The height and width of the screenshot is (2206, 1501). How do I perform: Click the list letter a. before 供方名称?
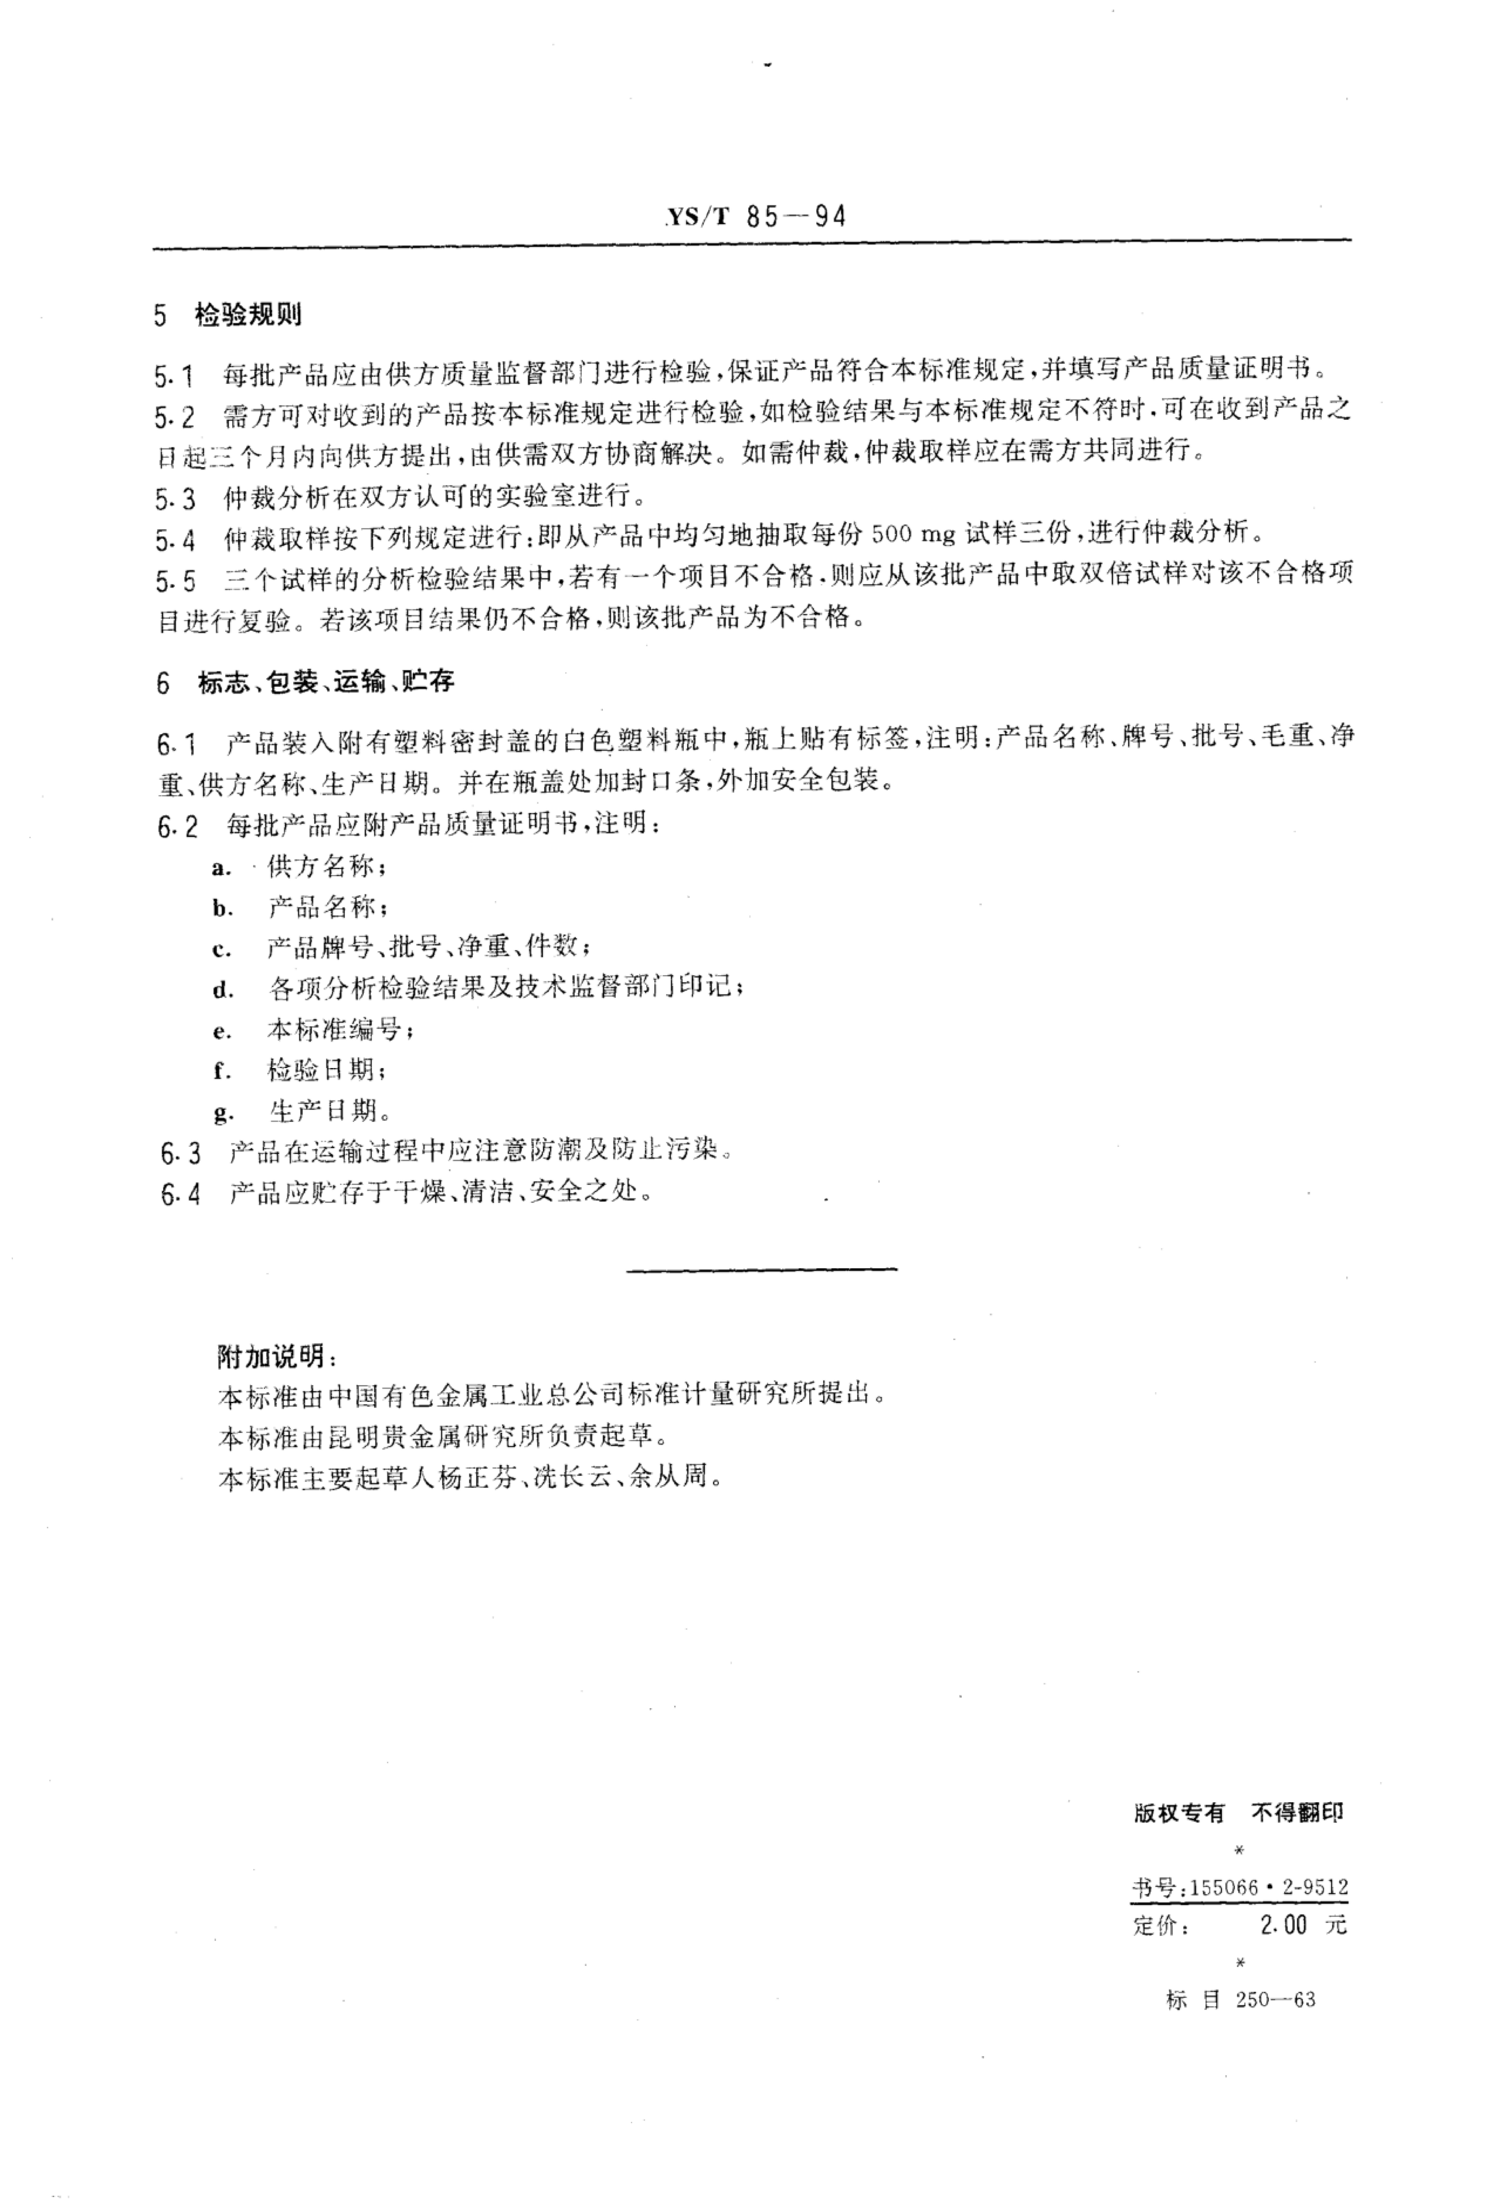pyautogui.click(x=222, y=869)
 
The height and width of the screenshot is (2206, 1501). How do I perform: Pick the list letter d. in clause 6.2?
pyautogui.click(x=222, y=991)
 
